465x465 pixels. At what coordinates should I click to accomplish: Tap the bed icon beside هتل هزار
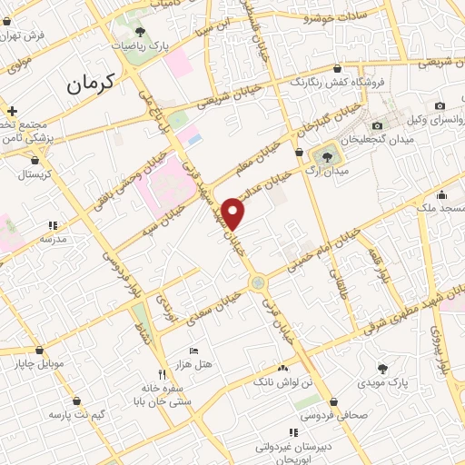[x=193, y=351]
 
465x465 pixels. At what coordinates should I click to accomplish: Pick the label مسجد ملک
[x=442, y=209]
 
